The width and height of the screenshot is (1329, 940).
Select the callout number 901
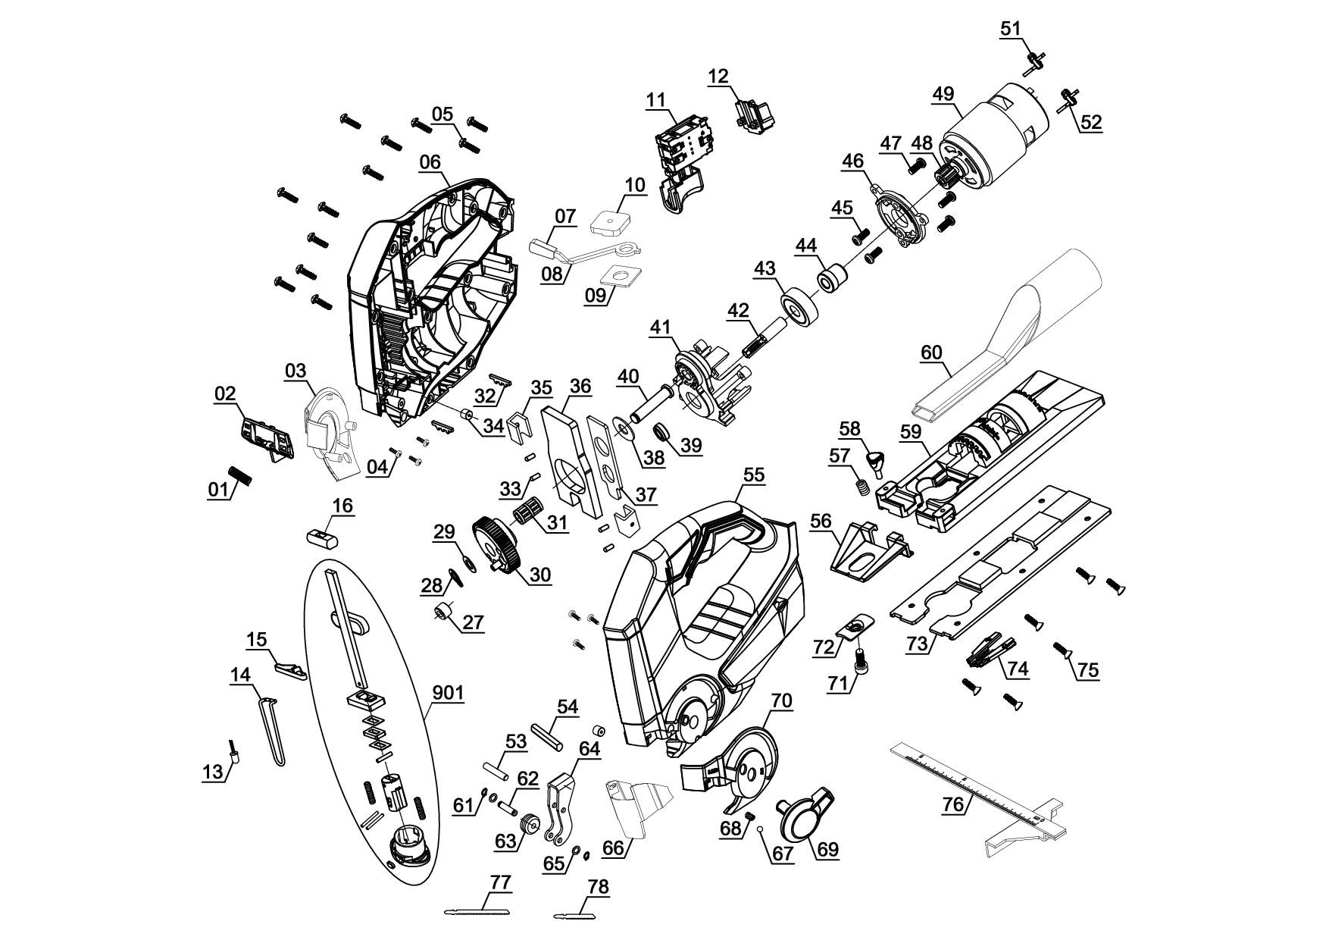448,693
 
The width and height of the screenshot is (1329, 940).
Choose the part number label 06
430,161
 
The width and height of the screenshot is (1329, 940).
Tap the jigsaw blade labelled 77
485,910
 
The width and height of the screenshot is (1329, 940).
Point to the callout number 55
753,475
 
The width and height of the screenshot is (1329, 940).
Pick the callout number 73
917,644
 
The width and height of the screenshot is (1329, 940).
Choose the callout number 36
580,386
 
